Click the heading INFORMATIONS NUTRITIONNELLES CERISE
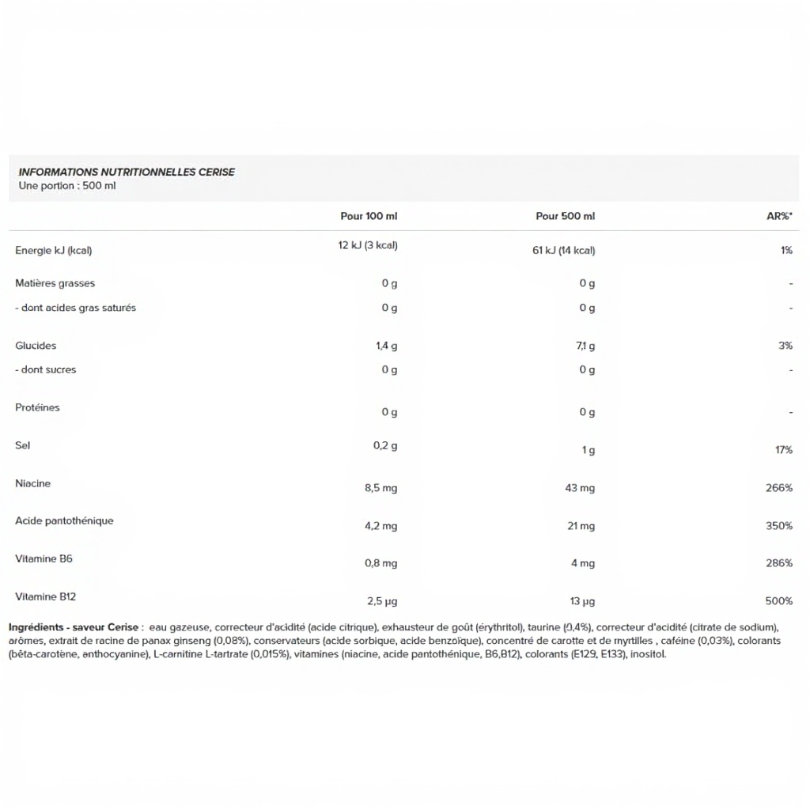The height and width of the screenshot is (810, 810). (127, 172)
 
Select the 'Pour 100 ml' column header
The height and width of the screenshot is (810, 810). (369, 216)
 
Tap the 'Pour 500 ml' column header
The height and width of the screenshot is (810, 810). (565, 216)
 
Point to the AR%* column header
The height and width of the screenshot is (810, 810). (779, 216)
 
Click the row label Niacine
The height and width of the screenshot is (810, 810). (32, 483)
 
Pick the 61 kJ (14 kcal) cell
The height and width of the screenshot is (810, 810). (564, 251)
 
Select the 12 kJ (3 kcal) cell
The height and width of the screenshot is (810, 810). (368, 245)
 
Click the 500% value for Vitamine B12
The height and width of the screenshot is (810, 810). (778, 601)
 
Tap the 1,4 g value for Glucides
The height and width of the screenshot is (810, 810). (386, 346)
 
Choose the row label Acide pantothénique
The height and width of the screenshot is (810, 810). (64, 520)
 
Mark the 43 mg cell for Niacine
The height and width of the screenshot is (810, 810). (580, 488)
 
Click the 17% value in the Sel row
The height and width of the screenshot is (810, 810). (783, 450)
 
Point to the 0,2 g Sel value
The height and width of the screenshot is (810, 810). (385, 445)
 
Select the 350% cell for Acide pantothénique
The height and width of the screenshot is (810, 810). (778, 526)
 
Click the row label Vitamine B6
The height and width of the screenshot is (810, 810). (44, 558)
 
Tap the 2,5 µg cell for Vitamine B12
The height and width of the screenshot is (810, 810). (381, 601)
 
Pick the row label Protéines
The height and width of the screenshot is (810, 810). (37, 407)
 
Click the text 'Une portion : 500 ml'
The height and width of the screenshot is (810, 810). (67, 186)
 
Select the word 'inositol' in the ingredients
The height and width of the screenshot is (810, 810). (649, 654)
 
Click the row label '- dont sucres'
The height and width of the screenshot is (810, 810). (46, 369)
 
